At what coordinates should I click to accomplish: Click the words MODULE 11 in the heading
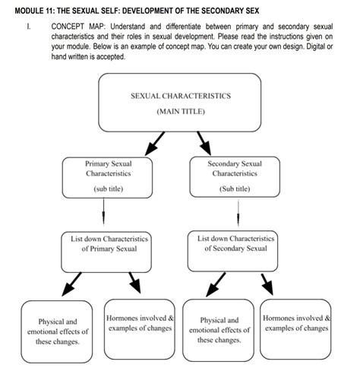coord(36,10)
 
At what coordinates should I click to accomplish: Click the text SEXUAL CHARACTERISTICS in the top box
coord(180,97)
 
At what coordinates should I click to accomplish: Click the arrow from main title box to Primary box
coord(154,142)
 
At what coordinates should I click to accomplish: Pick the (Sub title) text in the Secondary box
coord(234,189)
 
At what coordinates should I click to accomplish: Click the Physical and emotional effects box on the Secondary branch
coord(220,331)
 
